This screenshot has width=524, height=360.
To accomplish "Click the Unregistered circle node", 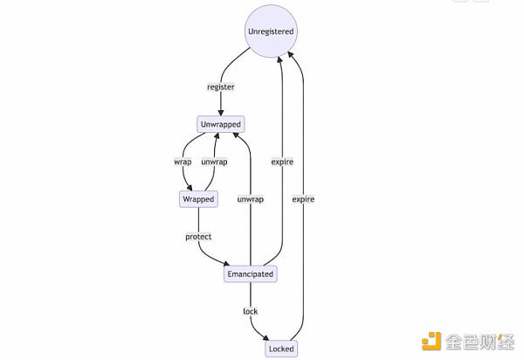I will pos(272,32).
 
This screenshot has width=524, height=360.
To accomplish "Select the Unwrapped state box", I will pos(220,125).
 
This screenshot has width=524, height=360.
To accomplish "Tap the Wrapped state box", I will pos(198,199).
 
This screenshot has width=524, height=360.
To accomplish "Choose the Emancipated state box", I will pos(251,274).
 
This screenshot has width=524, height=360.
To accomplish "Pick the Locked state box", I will pos(281,350).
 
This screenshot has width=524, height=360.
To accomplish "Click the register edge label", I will pos(220,87).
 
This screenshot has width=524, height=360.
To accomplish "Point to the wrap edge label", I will pos(183,162).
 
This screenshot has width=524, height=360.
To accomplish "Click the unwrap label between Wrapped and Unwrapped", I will pos(214,162).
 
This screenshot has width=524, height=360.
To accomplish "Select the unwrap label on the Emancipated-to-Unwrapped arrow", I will pos(250,199).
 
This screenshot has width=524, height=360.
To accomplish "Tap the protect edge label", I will pos(198,237).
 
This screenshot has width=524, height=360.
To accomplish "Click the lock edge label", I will pos(250,312).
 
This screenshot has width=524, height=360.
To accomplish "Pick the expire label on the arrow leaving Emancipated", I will pos(282,162).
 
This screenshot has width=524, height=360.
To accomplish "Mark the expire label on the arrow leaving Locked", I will pos(303,199).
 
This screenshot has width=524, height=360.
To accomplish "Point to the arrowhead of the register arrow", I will pos(220,113).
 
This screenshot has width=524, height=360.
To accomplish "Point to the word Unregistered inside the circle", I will pos(272,32).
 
